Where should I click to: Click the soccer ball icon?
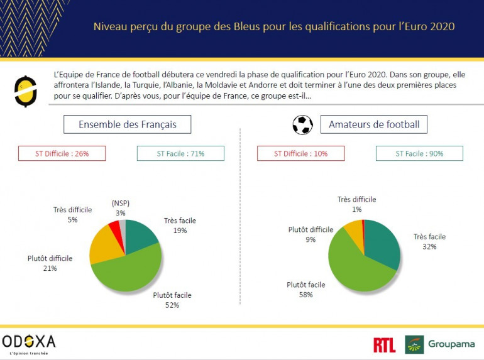coord(302,124)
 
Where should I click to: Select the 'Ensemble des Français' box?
coord(127,124)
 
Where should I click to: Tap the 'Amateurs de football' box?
coord(374,124)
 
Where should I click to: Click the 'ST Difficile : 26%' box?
coord(61,153)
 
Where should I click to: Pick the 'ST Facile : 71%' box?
coord(180,153)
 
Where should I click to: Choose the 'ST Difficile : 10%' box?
coord(300,153)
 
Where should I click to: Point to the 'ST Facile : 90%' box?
coord(419,153)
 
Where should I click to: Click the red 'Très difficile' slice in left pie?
coord(114,227)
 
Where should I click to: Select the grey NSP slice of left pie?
coord(123,225)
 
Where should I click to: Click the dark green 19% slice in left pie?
coord(141,236)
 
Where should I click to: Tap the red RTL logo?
coord(384,345)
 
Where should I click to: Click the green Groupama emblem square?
coord(414,344)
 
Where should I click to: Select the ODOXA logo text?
coord(29,341)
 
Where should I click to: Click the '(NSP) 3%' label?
coord(120,207)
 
